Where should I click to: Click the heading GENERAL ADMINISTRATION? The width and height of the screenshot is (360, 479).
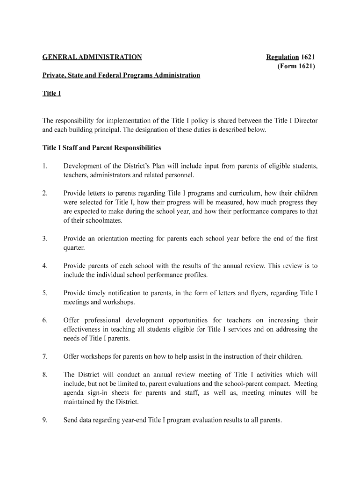click(x=92, y=58)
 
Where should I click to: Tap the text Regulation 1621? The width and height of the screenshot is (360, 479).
click(x=290, y=58)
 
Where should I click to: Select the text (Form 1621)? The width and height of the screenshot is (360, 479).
click(x=296, y=66)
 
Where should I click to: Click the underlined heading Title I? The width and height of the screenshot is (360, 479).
click(x=51, y=94)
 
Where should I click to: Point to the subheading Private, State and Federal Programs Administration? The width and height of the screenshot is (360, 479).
click(x=121, y=75)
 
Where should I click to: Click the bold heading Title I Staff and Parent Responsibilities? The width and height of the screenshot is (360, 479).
click(x=101, y=148)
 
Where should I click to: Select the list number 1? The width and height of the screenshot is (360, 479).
click(x=45, y=166)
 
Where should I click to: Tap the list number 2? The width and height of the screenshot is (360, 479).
click(x=45, y=193)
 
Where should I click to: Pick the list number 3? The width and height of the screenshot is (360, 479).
click(x=45, y=239)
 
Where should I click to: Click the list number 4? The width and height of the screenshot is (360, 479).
click(x=45, y=266)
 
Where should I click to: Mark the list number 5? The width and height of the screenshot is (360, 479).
click(x=45, y=293)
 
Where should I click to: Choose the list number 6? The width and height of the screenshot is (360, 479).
click(x=45, y=320)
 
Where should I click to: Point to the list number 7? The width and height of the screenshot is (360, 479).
click(x=45, y=356)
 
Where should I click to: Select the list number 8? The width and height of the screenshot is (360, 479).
click(x=45, y=375)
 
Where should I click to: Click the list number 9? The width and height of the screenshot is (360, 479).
click(x=45, y=420)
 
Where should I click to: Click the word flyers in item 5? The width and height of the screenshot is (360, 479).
click(x=260, y=293)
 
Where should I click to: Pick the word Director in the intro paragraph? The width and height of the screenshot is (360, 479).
click(x=305, y=121)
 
